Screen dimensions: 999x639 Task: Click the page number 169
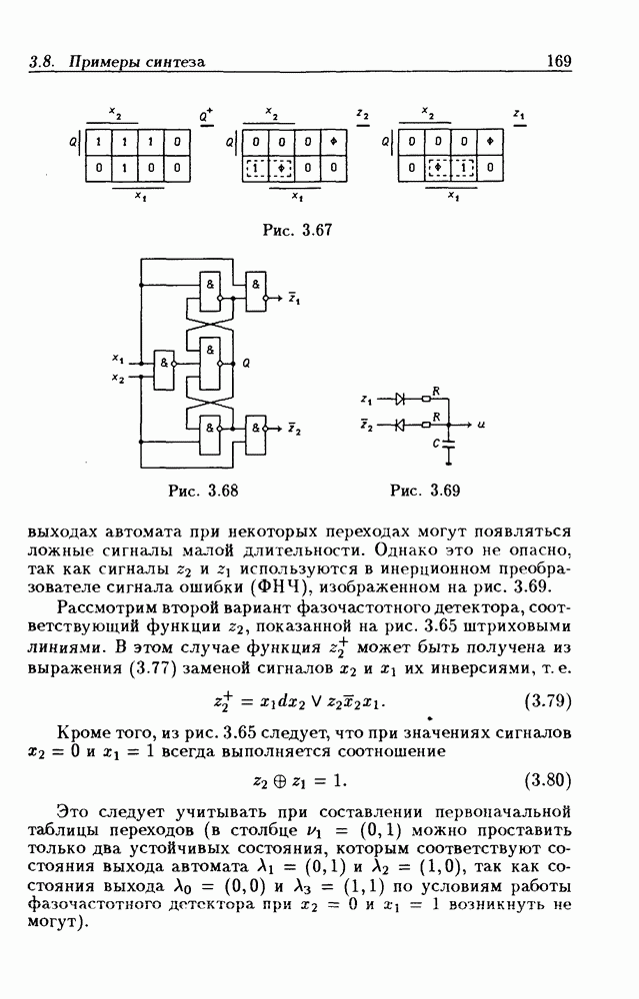point(557,61)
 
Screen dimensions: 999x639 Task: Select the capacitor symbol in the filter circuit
point(449,439)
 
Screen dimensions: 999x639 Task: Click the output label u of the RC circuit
point(482,425)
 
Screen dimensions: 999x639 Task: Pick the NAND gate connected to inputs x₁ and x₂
point(163,365)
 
